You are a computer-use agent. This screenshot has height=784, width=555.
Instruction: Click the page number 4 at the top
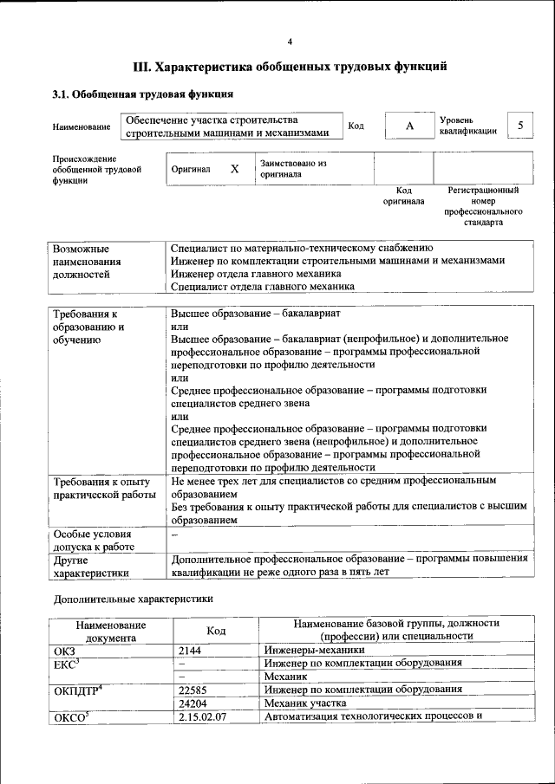[x=290, y=41]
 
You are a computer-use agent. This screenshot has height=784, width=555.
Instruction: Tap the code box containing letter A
[x=408, y=126]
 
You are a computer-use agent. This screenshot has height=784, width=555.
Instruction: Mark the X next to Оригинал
[x=234, y=169]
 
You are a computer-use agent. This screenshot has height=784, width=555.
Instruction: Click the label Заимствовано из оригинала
[x=293, y=168]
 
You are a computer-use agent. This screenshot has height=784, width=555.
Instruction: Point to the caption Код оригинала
[x=403, y=195]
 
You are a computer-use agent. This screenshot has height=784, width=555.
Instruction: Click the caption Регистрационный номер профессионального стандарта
[x=483, y=205]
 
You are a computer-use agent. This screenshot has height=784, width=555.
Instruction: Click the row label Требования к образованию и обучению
[x=88, y=327]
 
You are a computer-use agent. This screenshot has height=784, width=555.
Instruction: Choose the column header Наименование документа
[x=110, y=631]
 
